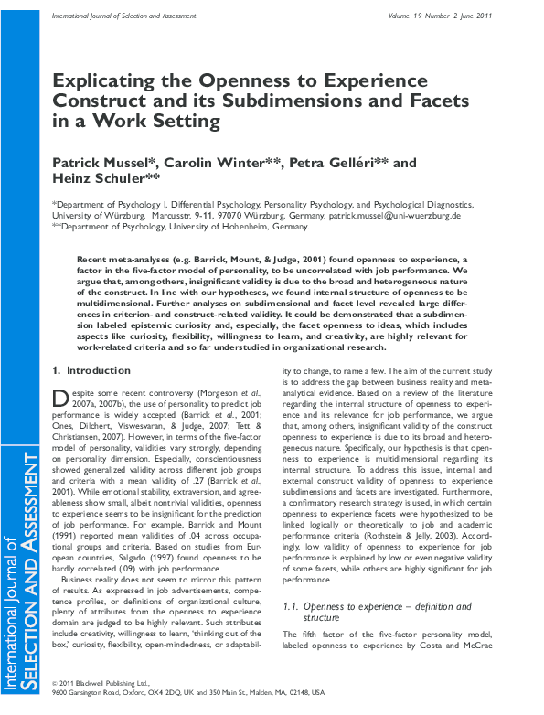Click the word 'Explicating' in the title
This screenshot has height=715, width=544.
point(117,81)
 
